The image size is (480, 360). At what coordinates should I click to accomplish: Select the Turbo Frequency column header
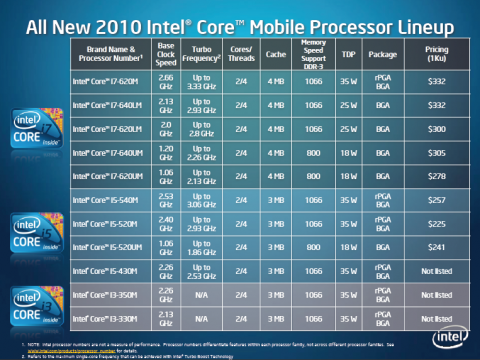(204, 53)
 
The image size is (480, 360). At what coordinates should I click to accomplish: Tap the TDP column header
(348, 53)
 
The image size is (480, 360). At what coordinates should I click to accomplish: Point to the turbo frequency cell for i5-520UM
(204, 249)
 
